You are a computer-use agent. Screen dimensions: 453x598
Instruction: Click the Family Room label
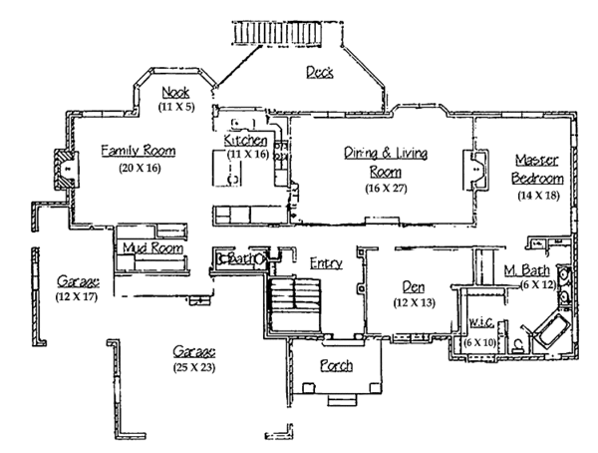tap(139, 151)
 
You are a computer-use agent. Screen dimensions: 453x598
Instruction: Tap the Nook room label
tap(176, 93)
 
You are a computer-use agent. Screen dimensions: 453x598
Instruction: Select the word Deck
tap(319, 72)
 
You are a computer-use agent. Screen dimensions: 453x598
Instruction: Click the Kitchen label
tap(245, 141)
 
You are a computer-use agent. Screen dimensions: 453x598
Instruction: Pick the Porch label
tap(335, 365)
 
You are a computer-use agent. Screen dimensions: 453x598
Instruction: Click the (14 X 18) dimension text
tap(538, 198)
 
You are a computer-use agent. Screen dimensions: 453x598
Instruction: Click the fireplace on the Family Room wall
tap(64, 169)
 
